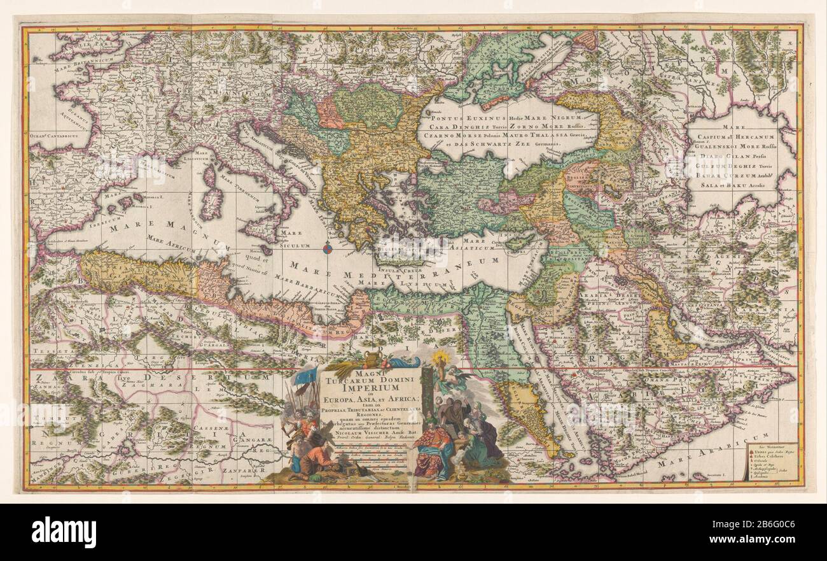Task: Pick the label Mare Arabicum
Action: pyautogui.click(x=712, y=458)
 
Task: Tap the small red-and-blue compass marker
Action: pyautogui.click(x=328, y=248)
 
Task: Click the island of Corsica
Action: pyautogui.click(x=209, y=175)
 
